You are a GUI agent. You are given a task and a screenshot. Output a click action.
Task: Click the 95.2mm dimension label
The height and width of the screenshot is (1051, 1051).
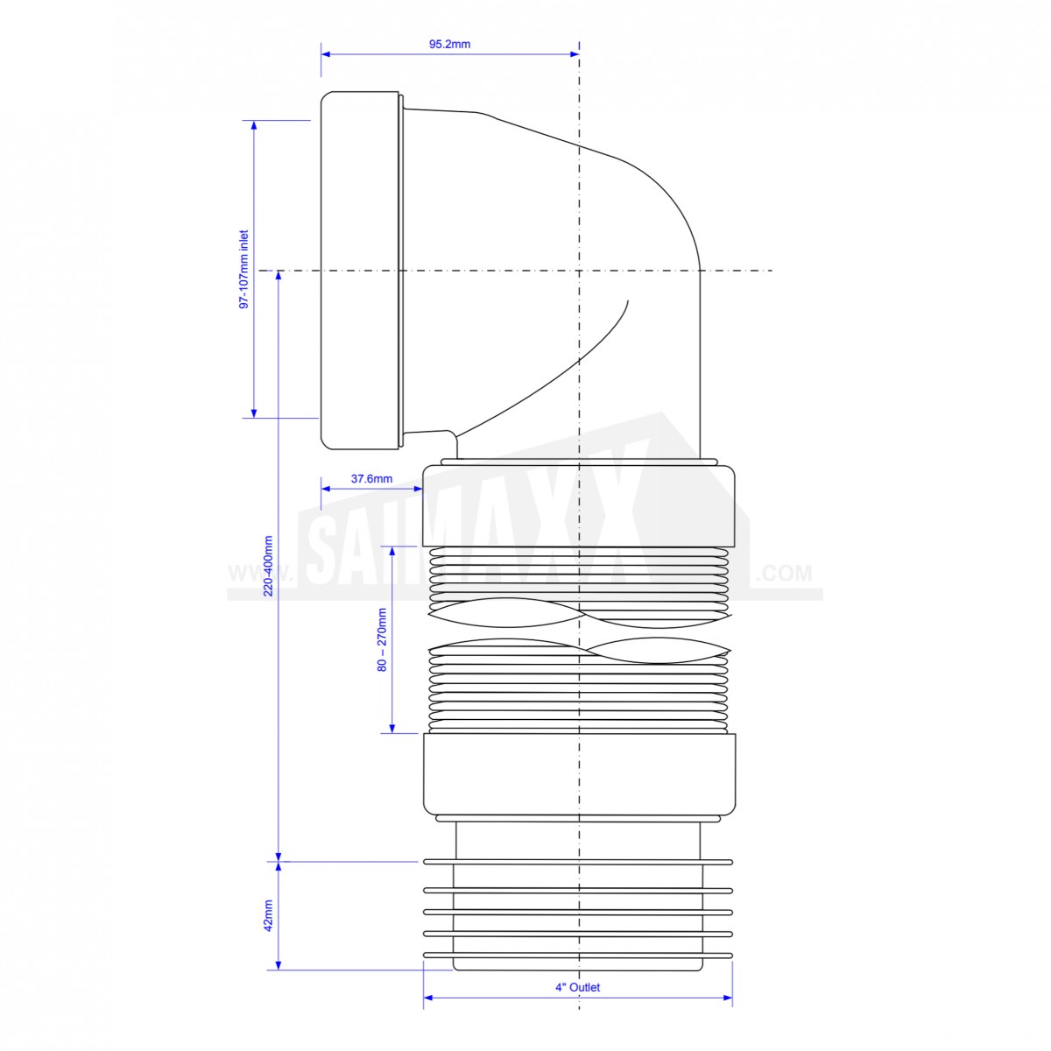(x=449, y=44)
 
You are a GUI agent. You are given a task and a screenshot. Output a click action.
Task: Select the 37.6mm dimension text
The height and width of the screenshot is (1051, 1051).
(x=371, y=479)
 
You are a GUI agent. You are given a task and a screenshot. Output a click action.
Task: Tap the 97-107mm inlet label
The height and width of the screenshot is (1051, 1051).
(x=243, y=270)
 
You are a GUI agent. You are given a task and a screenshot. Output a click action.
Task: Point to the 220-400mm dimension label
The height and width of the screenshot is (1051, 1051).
(x=268, y=566)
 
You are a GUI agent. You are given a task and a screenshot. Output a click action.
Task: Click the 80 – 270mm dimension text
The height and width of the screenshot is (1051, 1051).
(x=382, y=639)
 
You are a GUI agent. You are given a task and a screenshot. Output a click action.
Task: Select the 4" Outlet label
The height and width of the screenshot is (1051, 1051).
(x=577, y=987)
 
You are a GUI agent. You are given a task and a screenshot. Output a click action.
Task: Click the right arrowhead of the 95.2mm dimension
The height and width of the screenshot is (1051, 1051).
(x=575, y=54)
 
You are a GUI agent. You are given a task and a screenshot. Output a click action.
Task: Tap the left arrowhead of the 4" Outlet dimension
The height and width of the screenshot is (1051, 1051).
(x=428, y=998)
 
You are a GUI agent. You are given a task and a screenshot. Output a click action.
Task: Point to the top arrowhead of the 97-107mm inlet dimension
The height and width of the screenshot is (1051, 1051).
(x=254, y=125)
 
